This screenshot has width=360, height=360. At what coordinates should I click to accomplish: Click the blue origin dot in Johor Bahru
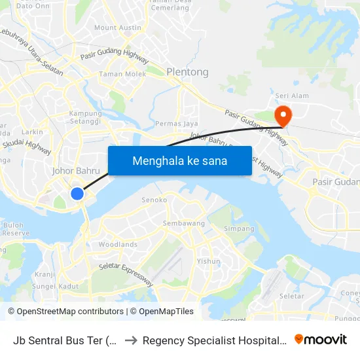pos(77,194)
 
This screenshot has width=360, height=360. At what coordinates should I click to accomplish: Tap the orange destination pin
pos(283,116)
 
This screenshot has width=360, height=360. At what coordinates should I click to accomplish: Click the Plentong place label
pos(187,72)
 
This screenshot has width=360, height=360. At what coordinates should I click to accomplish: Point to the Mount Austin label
pos(118,27)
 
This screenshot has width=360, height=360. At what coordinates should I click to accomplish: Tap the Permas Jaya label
pos(176,124)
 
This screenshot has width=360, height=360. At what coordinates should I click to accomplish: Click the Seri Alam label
pos(292,96)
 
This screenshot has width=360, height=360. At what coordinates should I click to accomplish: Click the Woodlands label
pos(118,245)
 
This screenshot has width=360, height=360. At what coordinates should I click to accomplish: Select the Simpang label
pos(239,229)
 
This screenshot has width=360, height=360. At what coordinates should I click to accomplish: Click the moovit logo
pos(321,340)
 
